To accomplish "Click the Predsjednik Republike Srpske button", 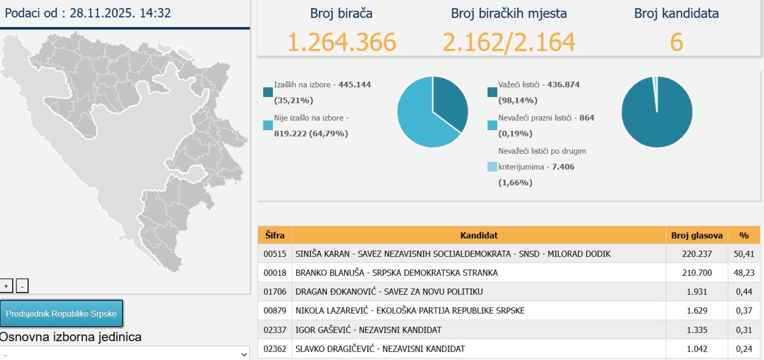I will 61,313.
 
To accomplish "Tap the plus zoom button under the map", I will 6,286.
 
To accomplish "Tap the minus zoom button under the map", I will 22,286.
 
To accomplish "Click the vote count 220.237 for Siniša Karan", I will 697,254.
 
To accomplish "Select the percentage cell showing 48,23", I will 744,273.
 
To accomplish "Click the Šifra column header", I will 275,235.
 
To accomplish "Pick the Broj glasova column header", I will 696,235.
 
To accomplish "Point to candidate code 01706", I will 275,292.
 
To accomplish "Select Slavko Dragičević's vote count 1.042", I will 697,349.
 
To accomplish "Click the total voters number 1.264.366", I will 341,42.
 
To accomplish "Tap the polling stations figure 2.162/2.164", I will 509,42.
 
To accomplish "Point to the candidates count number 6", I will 676,42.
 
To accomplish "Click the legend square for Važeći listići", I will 492,92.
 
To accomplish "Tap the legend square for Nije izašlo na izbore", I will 268,125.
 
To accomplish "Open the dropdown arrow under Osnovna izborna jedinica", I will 244,354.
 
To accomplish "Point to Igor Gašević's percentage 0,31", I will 744,330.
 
